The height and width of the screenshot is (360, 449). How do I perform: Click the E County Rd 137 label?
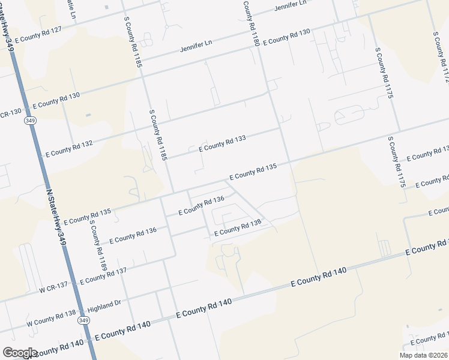(x=103, y=276)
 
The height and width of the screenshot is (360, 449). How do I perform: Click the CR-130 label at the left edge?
(x=11, y=112)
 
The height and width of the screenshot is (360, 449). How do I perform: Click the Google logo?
(x=20, y=352)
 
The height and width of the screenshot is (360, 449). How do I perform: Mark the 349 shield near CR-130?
(x=29, y=121)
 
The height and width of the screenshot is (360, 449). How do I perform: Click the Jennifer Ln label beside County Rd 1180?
(x=290, y=7)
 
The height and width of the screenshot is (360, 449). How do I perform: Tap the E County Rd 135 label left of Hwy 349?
(x=86, y=217)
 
